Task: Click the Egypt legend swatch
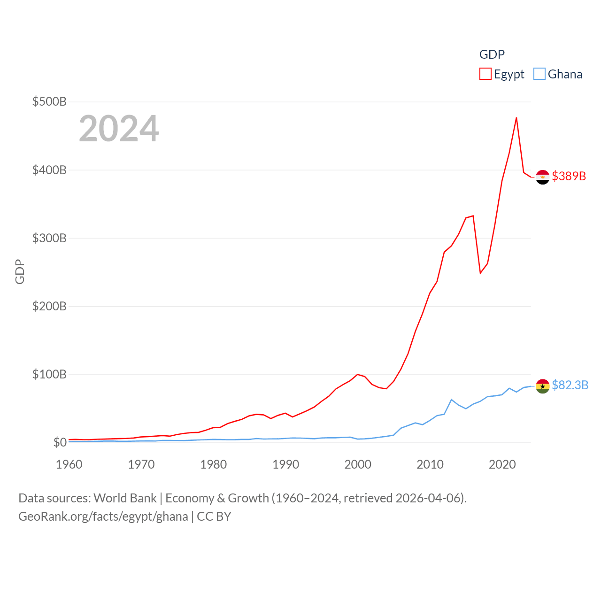click(x=485, y=74)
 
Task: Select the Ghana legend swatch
click(x=539, y=74)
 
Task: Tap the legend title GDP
click(x=492, y=54)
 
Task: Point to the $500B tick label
click(x=49, y=101)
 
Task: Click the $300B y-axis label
click(x=49, y=238)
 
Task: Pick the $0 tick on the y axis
click(x=60, y=442)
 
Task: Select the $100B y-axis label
click(x=49, y=374)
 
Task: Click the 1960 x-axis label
click(x=69, y=464)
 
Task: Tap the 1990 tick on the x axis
click(x=285, y=464)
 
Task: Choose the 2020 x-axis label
click(x=502, y=464)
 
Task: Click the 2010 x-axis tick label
click(x=430, y=464)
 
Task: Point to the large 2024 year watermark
click(x=119, y=129)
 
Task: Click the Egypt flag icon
click(x=542, y=177)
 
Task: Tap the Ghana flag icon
click(x=542, y=386)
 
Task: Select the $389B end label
click(x=569, y=176)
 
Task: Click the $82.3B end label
click(x=570, y=385)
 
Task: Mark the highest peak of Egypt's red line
click(x=516, y=118)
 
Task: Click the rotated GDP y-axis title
click(x=20, y=271)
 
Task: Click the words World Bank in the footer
click(x=125, y=498)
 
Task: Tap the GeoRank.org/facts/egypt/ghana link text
click(x=103, y=516)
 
